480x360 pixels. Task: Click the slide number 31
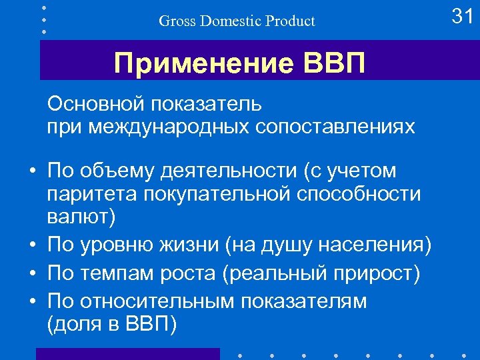[462, 15]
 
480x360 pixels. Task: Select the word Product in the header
[291, 21]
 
